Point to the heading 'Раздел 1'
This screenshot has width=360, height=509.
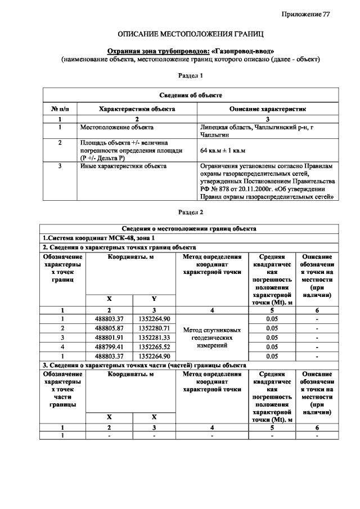190,75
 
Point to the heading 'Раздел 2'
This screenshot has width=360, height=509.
190,213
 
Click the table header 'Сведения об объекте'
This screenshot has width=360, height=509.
190,96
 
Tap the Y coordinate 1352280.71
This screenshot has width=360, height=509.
154,328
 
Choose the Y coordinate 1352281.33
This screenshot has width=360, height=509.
154,337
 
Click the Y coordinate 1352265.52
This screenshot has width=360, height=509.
154,347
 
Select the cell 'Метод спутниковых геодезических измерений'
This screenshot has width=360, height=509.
211,337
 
